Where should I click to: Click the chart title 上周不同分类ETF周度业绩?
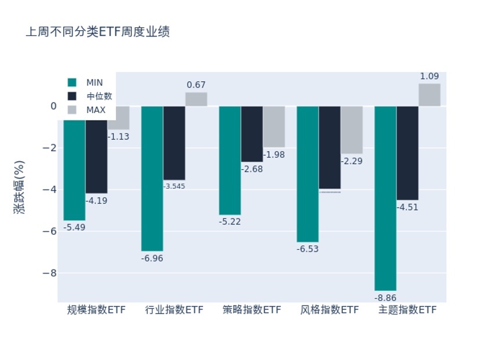point(97,32)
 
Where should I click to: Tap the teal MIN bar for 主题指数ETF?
point(385,198)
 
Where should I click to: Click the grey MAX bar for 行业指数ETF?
point(196,99)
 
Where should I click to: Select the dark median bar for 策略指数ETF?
point(252,134)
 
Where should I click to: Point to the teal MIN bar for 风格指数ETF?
point(307,174)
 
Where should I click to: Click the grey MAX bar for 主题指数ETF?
point(429,95)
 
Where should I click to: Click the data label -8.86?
point(385,298)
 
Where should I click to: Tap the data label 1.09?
point(429,76)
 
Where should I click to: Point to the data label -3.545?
point(174,186)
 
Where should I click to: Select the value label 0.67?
point(196,85)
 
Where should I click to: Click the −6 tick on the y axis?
point(48,231)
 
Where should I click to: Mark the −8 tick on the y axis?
point(48,272)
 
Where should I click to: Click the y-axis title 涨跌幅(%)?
point(20,187)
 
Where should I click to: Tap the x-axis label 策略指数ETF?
point(252,310)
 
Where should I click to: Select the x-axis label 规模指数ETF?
point(96,310)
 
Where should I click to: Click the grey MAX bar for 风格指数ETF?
point(351,130)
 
